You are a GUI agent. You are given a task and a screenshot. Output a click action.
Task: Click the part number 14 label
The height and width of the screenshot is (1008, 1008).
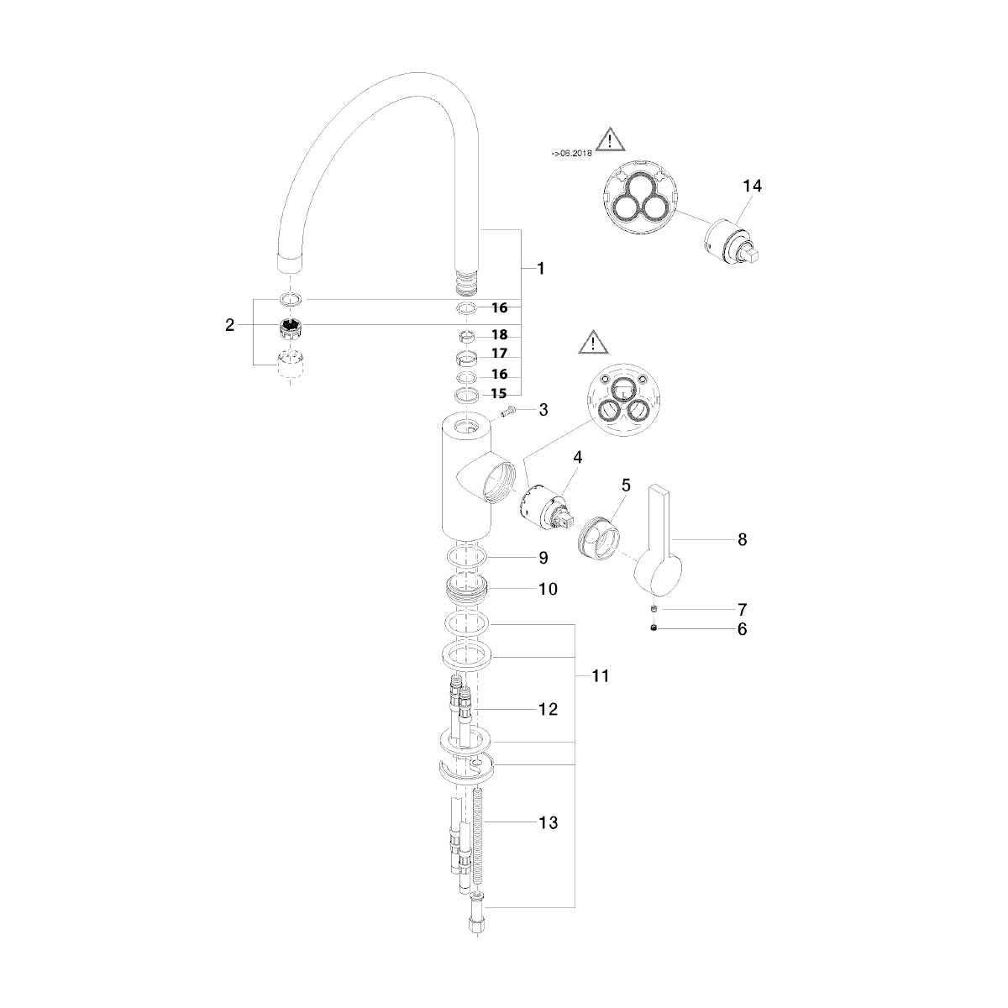point(752,186)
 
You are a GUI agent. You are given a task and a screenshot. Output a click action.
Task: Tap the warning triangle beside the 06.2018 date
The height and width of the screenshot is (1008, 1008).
point(610,139)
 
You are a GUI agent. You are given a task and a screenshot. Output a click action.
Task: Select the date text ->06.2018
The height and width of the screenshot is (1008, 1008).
point(572,154)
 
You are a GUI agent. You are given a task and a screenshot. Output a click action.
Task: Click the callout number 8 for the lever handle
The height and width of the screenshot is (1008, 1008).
point(742,539)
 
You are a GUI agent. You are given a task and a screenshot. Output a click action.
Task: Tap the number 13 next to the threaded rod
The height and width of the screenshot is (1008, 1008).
point(549,822)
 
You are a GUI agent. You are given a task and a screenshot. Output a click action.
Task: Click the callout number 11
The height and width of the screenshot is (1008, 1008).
point(601,676)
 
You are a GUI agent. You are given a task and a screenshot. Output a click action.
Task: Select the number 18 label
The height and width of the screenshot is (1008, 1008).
point(500,335)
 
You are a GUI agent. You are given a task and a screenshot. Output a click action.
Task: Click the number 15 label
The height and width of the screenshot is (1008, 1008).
point(499,394)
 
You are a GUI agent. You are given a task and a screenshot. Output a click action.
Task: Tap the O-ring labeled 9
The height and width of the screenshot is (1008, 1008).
point(467,558)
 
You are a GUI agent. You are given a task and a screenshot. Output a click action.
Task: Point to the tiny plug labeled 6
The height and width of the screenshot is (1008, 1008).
point(654,628)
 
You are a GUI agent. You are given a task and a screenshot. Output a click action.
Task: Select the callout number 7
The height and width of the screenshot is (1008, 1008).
point(742,609)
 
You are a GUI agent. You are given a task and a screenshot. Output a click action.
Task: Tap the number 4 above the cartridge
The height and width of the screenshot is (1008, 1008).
point(577,457)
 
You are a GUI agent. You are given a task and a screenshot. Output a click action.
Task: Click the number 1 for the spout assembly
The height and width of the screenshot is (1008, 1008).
point(541,268)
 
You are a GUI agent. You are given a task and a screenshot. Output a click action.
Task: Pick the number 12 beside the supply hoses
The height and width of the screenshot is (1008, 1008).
point(549,709)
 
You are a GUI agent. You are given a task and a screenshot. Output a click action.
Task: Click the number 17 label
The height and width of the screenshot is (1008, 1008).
point(500,354)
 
